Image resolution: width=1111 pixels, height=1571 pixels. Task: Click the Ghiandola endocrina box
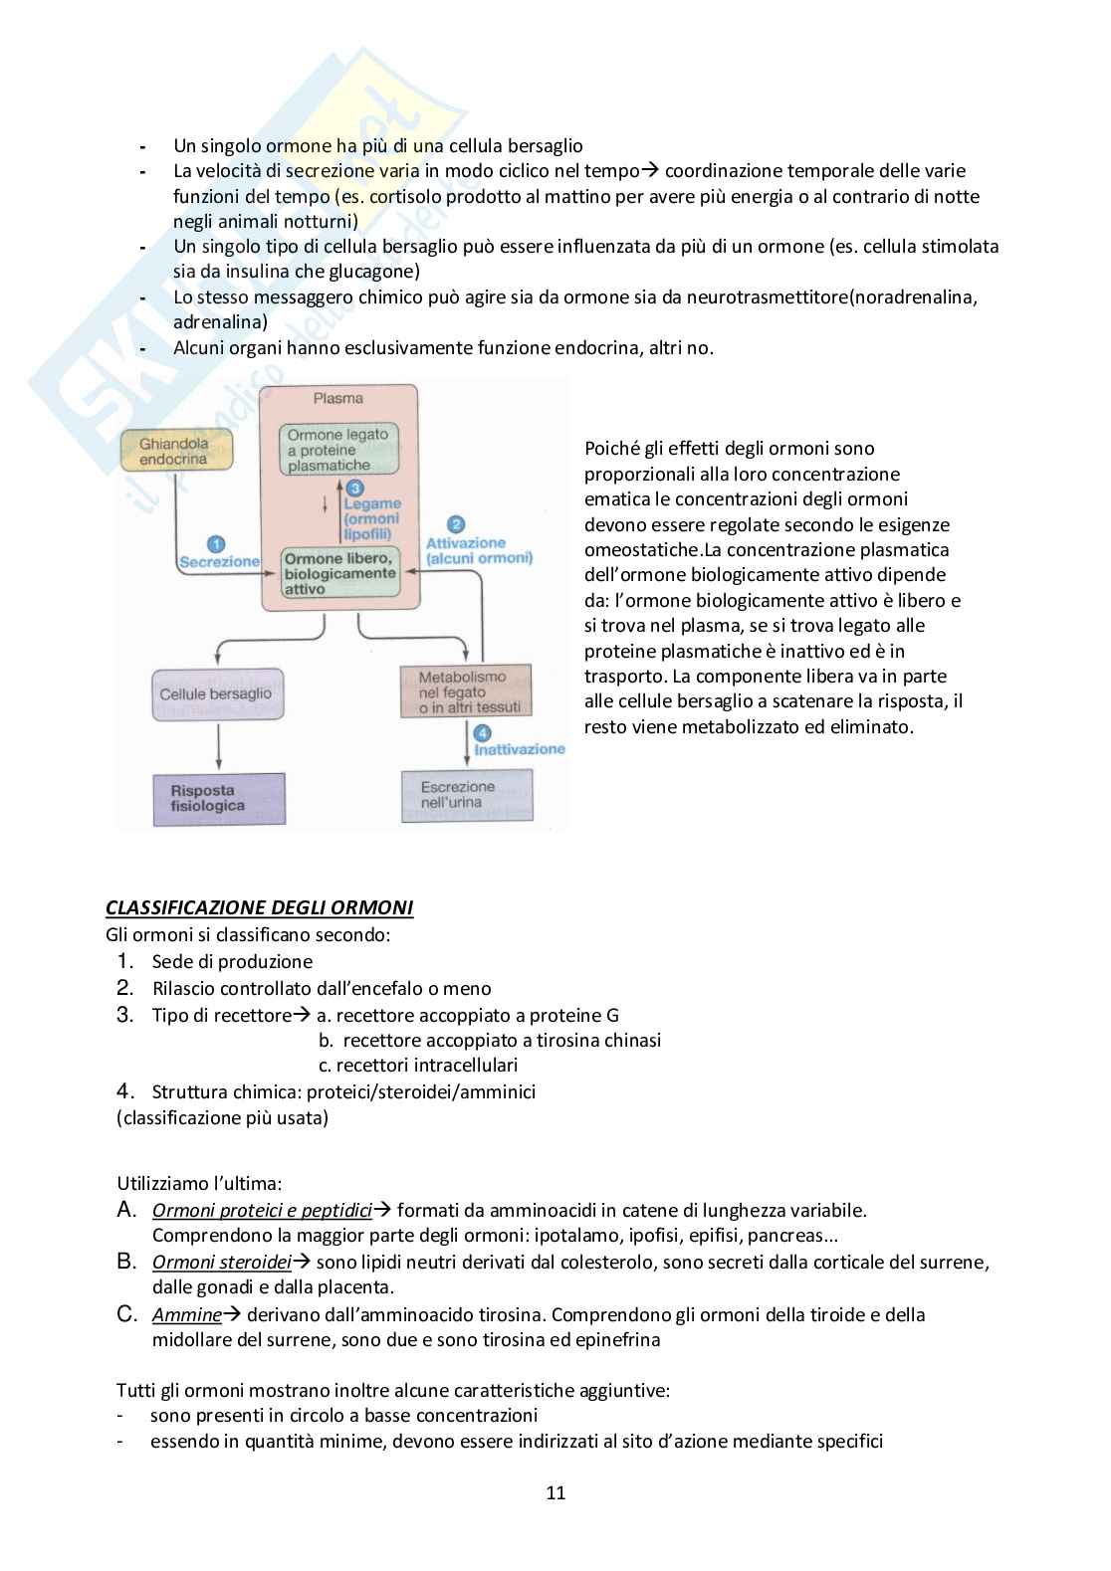pyautogui.click(x=175, y=451)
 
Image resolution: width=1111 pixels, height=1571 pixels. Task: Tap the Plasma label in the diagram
pyautogui.click(x=338, y=398)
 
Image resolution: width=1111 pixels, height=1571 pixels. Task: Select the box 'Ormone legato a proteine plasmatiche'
pyautogui.click(x=338, y=450)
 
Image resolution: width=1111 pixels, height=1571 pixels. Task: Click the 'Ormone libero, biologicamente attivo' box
pyautogui.click(x=340, y=573)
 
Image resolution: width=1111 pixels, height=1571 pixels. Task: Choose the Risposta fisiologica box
pyautogui.click(x=219, y=799)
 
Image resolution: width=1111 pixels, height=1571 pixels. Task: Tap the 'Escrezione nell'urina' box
pyautogui.click(x=466, y=795)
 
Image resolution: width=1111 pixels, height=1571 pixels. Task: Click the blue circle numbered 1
pyautogui.click(x=216, y=543)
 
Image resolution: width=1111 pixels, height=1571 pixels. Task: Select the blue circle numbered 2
pyautogui.click(x=456, y=524)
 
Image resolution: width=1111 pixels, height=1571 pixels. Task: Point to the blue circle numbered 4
pyautogui.click(x=483, y=733)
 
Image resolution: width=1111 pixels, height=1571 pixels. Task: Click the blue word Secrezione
pyautogui.click(x=219, y=562)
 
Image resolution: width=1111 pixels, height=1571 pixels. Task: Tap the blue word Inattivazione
pyautogui.click(x=519, y=749)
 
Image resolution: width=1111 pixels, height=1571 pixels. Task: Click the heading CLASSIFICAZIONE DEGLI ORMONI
pyautogui.click(x=259, y=907)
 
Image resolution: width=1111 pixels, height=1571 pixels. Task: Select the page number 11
pyautogui.click(x=555, y=1492)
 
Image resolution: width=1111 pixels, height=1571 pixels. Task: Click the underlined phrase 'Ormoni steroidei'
pyautogui.click(x=221, y=1262)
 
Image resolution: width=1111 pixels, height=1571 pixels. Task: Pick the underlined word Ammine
pyautogui.click(x=186, y=1314)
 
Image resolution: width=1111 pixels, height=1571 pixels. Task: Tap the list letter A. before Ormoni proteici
pyautogui.click(x=126, y=1210)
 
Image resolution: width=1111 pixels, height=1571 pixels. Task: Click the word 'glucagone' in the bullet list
pyautogui.click(x=374, y=271)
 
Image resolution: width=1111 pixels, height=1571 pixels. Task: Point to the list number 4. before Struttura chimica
pyautogui.click(x=124, y=1091)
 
